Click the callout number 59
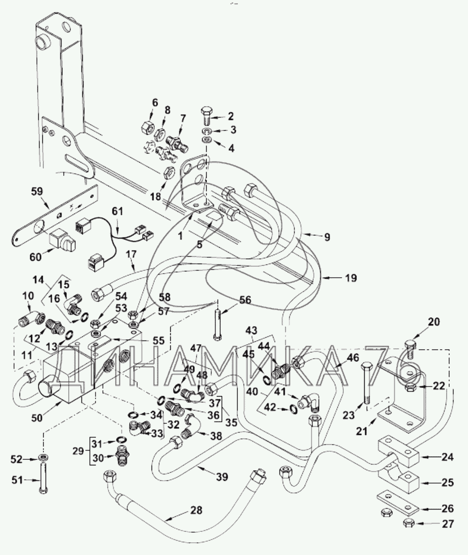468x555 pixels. click(x=37, y=192)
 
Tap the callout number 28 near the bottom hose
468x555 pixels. click(x=196, y=510)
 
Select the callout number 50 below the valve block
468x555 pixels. click(x=37, y=418)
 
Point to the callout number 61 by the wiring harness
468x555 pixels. click(x=117, y=212)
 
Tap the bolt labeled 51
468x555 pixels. click(x=43, y=481)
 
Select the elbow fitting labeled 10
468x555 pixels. click(x=31, y=317)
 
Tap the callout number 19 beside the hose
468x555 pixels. click(x=351, y=278)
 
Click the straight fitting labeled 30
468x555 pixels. click(x=123, y=458)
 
